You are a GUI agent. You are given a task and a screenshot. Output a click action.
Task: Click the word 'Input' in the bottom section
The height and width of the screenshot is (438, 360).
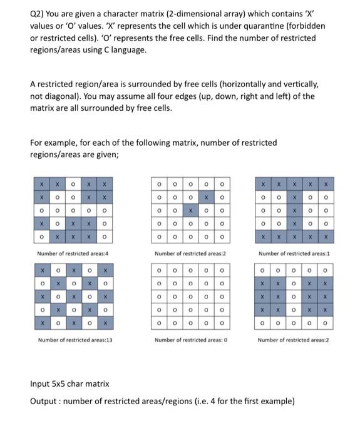[x=42, y=383]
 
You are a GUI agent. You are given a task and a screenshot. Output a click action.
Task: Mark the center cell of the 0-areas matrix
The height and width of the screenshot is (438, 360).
[x=190, y=296]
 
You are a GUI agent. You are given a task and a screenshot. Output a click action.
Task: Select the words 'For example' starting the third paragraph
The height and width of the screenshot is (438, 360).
[x=54, y=143]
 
